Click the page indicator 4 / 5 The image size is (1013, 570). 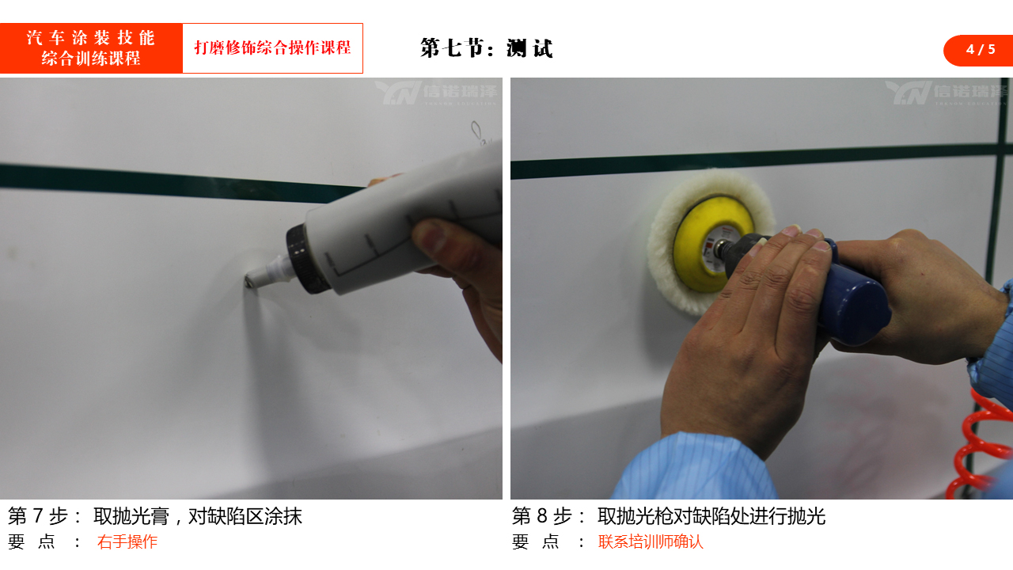(x=981, y=49)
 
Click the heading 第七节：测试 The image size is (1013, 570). (x=487, y=48)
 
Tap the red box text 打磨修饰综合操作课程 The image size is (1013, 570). (x=273, y=47)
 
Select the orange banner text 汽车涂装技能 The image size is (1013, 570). (x=91, y=37)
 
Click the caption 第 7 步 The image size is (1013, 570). (x=38, y=516)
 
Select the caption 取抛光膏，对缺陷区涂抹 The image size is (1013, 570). (x=198, y=516)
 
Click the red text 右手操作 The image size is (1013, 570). (x=127, y=541)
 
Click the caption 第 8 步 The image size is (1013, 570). (x=542, y=516)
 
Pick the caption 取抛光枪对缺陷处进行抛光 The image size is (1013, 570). (x=711, y=516)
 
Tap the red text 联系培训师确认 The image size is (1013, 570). (x=651, y=541)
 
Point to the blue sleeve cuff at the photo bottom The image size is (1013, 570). (x=696, y=466)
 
